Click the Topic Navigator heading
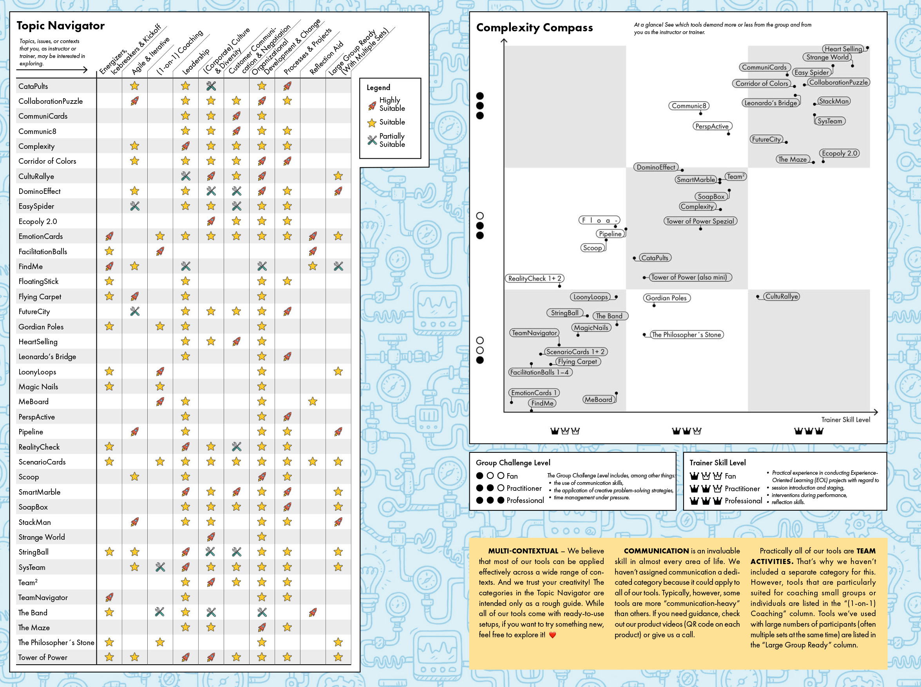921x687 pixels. [x=61, y=26]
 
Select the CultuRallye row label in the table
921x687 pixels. [x=36, y=176]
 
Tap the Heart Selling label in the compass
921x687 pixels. [x=843, y=49]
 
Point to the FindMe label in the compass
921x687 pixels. [x=542, y=403]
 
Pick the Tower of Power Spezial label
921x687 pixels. [x=700, y=221]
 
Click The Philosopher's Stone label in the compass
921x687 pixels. [x=686, y=335]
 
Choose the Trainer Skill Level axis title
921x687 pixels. [x=845, y=419]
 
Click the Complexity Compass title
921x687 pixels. [x=534, y=28]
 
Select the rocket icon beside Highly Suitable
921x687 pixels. [x=372, y=106]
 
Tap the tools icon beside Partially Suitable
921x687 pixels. [x=372, y=141]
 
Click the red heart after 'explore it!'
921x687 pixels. [x=552, y=635]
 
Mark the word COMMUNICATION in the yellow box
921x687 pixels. [x=656, y=551]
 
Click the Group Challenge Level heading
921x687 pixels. [x=512, y=463]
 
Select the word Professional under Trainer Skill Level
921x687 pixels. [x=743, y=501]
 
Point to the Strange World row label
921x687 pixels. [x=42, y=537]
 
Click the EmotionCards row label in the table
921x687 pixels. [x=40, y=237]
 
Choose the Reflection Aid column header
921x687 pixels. [x=326, y=58]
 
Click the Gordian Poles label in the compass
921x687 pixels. [x=666, y=298]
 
